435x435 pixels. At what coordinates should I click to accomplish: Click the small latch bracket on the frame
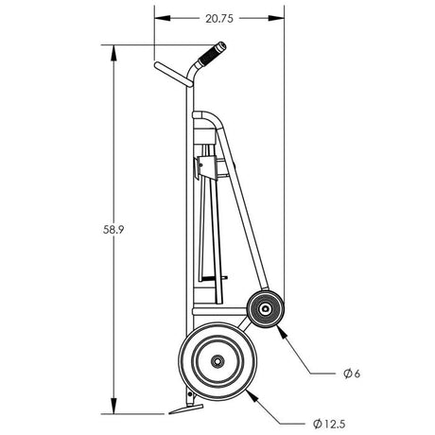click(x=200, y=168)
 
